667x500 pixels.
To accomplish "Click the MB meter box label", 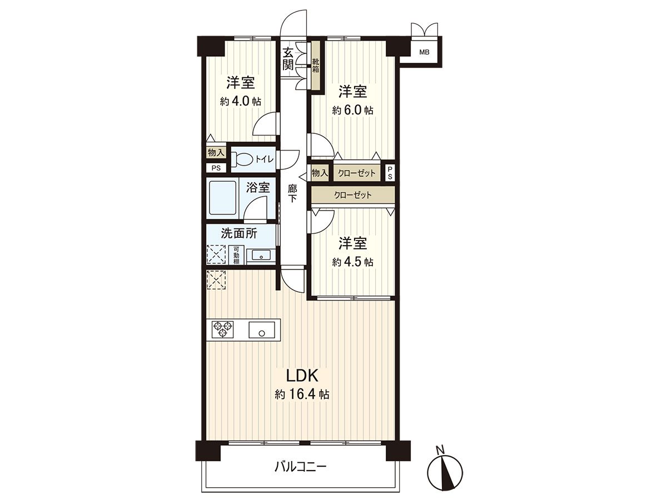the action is (x=424, y=52).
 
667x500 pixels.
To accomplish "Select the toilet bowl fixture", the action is (x=242, y=159).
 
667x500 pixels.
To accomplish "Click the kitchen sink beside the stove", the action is (x=262, y=329).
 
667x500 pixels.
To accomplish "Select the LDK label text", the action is (x=302, y=376).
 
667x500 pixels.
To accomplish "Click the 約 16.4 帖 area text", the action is (x=302, y=394).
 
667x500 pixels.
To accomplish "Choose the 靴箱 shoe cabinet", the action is (x=316, y=66).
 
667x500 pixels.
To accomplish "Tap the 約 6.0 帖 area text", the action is (x=352, y=111).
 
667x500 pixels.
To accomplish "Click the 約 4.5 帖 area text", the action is (x=352, y=262).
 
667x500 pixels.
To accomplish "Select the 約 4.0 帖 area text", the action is (x=240, y=102).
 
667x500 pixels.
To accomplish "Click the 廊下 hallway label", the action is (x=292, y=194).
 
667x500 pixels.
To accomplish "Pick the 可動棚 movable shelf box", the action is (x=236, y=255).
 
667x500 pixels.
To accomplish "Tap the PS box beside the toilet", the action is (x=216, y=168).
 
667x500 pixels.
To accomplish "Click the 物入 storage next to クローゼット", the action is (x=320, y=173).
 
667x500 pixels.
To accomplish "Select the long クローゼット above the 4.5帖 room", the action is (x=353, y=195).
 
